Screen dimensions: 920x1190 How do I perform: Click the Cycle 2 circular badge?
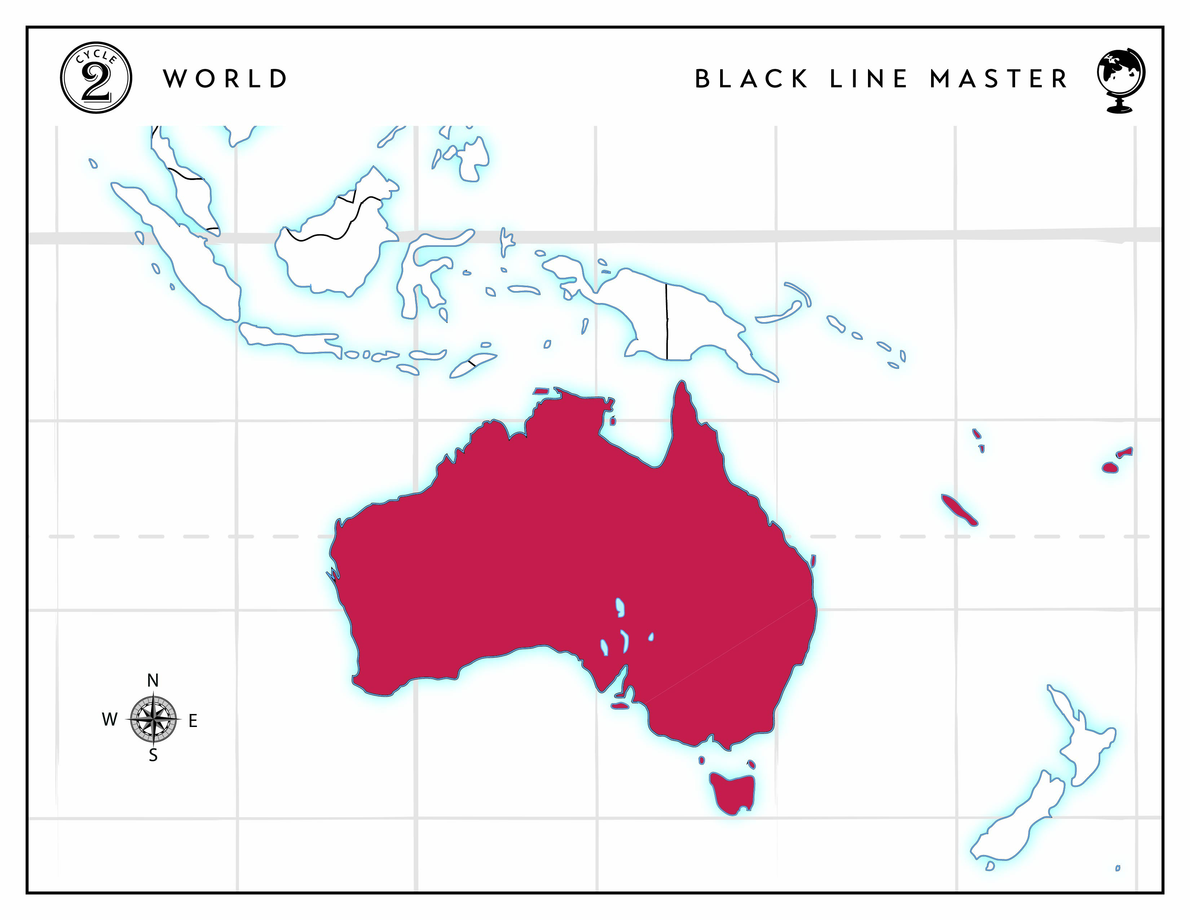(x=96, y=78)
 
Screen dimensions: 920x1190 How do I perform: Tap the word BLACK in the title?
(x=752, y=79)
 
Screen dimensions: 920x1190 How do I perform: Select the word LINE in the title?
(x=869, y=79)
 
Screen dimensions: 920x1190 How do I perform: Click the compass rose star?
(x=154, y=719)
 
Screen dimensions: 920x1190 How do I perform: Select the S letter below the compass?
(x=153, y=755)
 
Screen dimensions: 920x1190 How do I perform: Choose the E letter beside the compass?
(x=193, y=721)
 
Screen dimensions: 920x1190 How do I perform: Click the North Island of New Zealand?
(x=1084, y=747)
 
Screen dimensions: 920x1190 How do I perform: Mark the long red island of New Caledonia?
(x=959, y=509)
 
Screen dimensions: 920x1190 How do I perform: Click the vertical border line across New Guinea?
(x=666, y=321)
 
